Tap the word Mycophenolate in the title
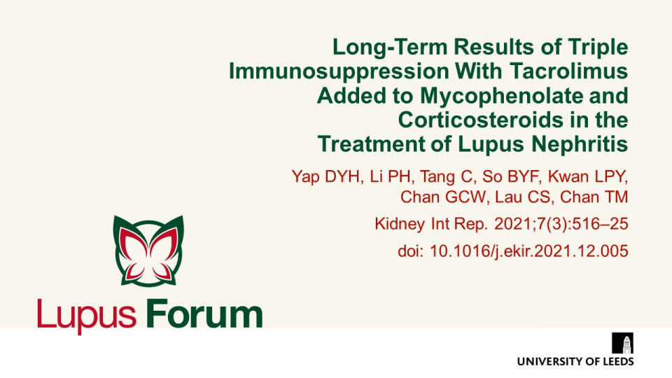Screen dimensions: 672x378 501,96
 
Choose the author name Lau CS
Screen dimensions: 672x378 522,197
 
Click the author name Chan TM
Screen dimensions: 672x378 594,197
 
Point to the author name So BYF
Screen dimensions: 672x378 510,176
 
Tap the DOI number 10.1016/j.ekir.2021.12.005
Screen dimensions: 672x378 529,251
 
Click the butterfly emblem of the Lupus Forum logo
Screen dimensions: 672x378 148,251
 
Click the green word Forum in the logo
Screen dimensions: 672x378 204,314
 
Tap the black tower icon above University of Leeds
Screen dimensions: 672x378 623,343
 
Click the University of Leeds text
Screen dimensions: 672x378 575,362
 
